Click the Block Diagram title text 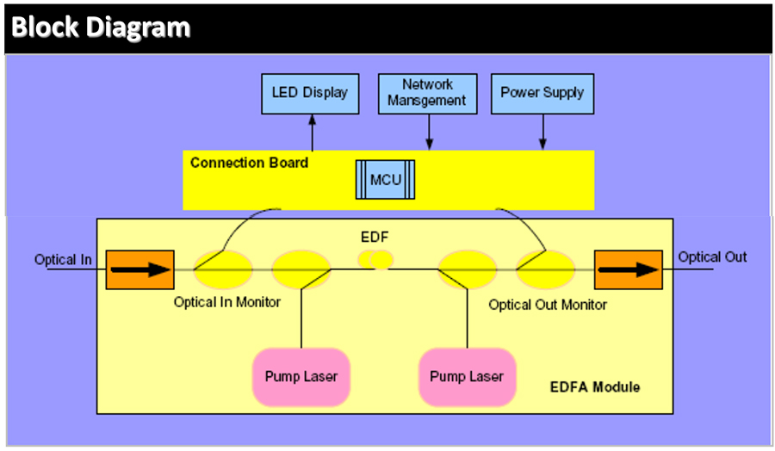[x=101, y=28]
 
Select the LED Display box [x=309, y=93]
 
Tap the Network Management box [x=426, y=93]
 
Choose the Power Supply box [x=542, y=93]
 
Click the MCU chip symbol [x=385, y=179]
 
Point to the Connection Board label [x=249, y=163]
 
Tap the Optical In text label [x=64, y=259]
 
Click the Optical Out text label [x=712, y=256]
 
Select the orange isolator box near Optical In [x=139, y=269]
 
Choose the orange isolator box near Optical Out [x=628, y=269]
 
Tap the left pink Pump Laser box [x=301, y=376]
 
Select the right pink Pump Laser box [x=467, y=376]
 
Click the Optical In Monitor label [x=227, y=302]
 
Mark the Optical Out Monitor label [x=548, y=305]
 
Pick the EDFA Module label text [x=595, y=387]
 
